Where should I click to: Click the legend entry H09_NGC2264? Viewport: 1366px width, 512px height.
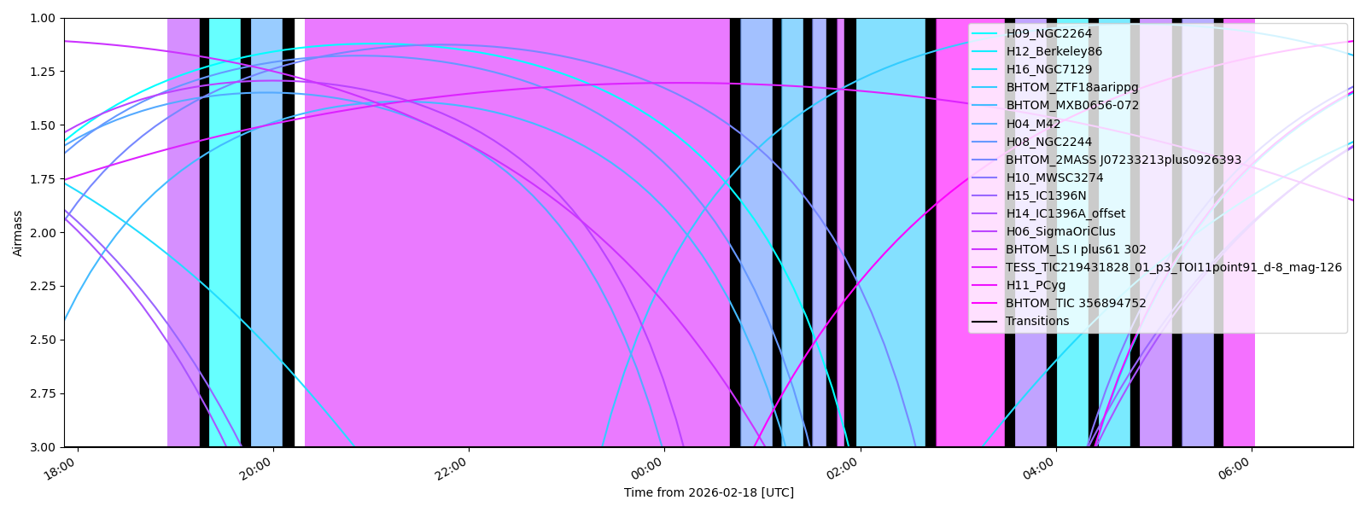(x=1048, y=33)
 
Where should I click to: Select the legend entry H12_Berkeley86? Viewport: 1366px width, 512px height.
(x=1054, y=51)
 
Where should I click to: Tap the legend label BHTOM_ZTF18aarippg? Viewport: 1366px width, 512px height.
(x=1071, y=87)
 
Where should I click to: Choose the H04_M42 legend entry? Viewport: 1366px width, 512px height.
(x=1033, y=124)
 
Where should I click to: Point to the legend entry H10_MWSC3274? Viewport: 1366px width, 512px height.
(x=1054, y=177)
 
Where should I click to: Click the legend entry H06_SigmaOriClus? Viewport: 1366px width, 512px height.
(x=1060, y=231)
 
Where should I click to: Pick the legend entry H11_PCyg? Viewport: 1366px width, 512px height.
(x=1036, y=285)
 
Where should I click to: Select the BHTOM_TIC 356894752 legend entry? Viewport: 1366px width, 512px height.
(x=1076, y=303)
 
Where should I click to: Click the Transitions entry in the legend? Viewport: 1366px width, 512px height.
(x=1036, y=321)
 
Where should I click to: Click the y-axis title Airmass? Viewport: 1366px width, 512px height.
(x=18, y=232)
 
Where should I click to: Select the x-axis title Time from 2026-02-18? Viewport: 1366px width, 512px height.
(x=709, y=492)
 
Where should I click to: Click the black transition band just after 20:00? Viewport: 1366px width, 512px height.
(x=289, y=230)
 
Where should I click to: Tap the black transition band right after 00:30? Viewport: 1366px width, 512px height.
(x=735, y=230)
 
